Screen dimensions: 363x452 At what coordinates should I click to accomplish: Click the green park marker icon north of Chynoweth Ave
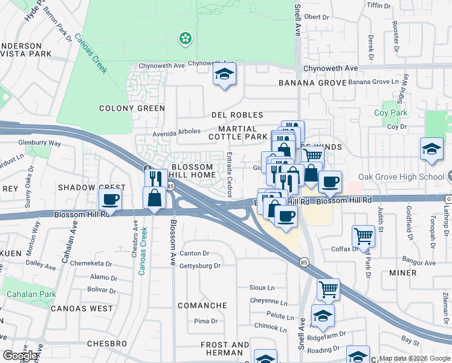(185, 39)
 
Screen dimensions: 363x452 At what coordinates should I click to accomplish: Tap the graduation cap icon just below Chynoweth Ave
(224, 75)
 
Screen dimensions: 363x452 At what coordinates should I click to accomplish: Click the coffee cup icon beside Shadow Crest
(111, 198)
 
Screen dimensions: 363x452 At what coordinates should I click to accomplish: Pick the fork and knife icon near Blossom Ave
(155, 179)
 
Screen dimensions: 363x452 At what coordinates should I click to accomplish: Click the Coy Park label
(390, 113)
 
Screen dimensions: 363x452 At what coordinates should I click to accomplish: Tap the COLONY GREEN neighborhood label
(132, 109)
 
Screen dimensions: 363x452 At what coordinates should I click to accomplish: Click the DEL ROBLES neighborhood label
(237, 115)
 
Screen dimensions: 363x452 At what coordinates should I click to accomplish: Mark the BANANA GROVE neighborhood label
(312, 82)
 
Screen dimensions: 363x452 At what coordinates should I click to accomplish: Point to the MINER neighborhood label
(402, 273)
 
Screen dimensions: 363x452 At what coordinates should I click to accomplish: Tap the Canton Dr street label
(194, 253)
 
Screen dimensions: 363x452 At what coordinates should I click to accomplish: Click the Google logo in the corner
(21, 356)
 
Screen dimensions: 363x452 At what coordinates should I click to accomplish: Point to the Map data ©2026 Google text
(415, 358)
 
